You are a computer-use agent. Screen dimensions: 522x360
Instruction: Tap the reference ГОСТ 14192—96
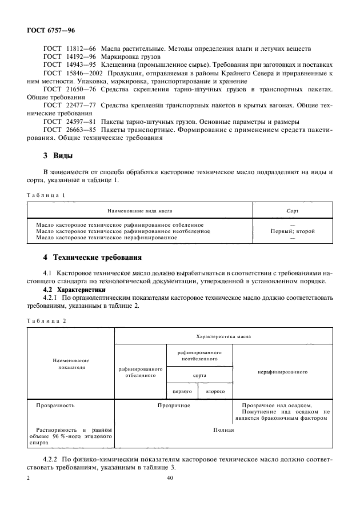69,58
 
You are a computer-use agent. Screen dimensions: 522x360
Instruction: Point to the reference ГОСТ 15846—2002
71,74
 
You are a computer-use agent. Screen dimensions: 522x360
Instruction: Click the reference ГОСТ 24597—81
69,122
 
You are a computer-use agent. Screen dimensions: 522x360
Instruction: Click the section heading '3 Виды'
55,156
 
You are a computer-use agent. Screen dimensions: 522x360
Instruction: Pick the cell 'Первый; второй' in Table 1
293,231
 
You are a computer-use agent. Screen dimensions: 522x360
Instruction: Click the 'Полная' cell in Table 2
223,429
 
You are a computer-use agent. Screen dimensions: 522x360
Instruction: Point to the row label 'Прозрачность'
55,405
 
